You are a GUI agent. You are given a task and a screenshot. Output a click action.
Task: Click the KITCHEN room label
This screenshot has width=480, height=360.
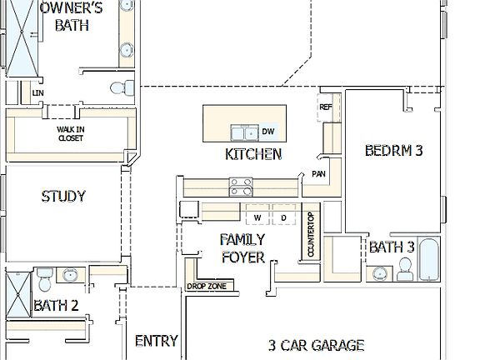coord(253,154)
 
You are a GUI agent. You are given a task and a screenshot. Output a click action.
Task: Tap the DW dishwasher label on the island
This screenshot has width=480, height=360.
coord(268,132)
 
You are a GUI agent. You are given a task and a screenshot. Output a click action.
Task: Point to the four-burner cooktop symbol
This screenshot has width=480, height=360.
coord(242,185)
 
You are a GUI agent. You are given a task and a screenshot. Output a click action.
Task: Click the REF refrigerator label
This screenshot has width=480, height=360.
coord(325,107)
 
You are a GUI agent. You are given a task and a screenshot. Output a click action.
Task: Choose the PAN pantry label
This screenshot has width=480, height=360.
coord(318,173)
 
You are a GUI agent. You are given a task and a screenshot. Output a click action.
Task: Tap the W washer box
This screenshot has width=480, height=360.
coord(257,217)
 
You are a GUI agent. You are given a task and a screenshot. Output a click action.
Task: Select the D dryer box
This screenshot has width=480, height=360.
coord(282,217)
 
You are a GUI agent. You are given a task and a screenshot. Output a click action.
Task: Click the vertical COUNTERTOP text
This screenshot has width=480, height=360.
coord(310,237)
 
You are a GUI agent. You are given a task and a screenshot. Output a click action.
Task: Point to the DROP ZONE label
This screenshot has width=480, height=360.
coord(206,287)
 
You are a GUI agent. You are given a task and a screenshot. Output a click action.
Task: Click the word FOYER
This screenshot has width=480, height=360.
coord(242,257)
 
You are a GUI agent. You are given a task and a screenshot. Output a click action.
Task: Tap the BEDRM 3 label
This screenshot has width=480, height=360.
coord(394,151)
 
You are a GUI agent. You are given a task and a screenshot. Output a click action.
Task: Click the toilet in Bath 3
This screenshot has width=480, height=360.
coord(406,267)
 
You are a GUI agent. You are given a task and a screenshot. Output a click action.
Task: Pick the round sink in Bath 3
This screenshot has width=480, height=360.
coord(381,272)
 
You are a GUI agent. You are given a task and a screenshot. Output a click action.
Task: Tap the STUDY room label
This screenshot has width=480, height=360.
coord(63,197)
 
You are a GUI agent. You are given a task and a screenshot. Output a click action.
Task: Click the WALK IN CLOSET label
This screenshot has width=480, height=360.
coord(70,133)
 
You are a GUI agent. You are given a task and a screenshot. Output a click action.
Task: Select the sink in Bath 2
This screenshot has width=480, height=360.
coord(71,275)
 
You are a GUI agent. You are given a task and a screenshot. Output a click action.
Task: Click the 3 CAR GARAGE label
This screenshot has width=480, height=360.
coord(316,344)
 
